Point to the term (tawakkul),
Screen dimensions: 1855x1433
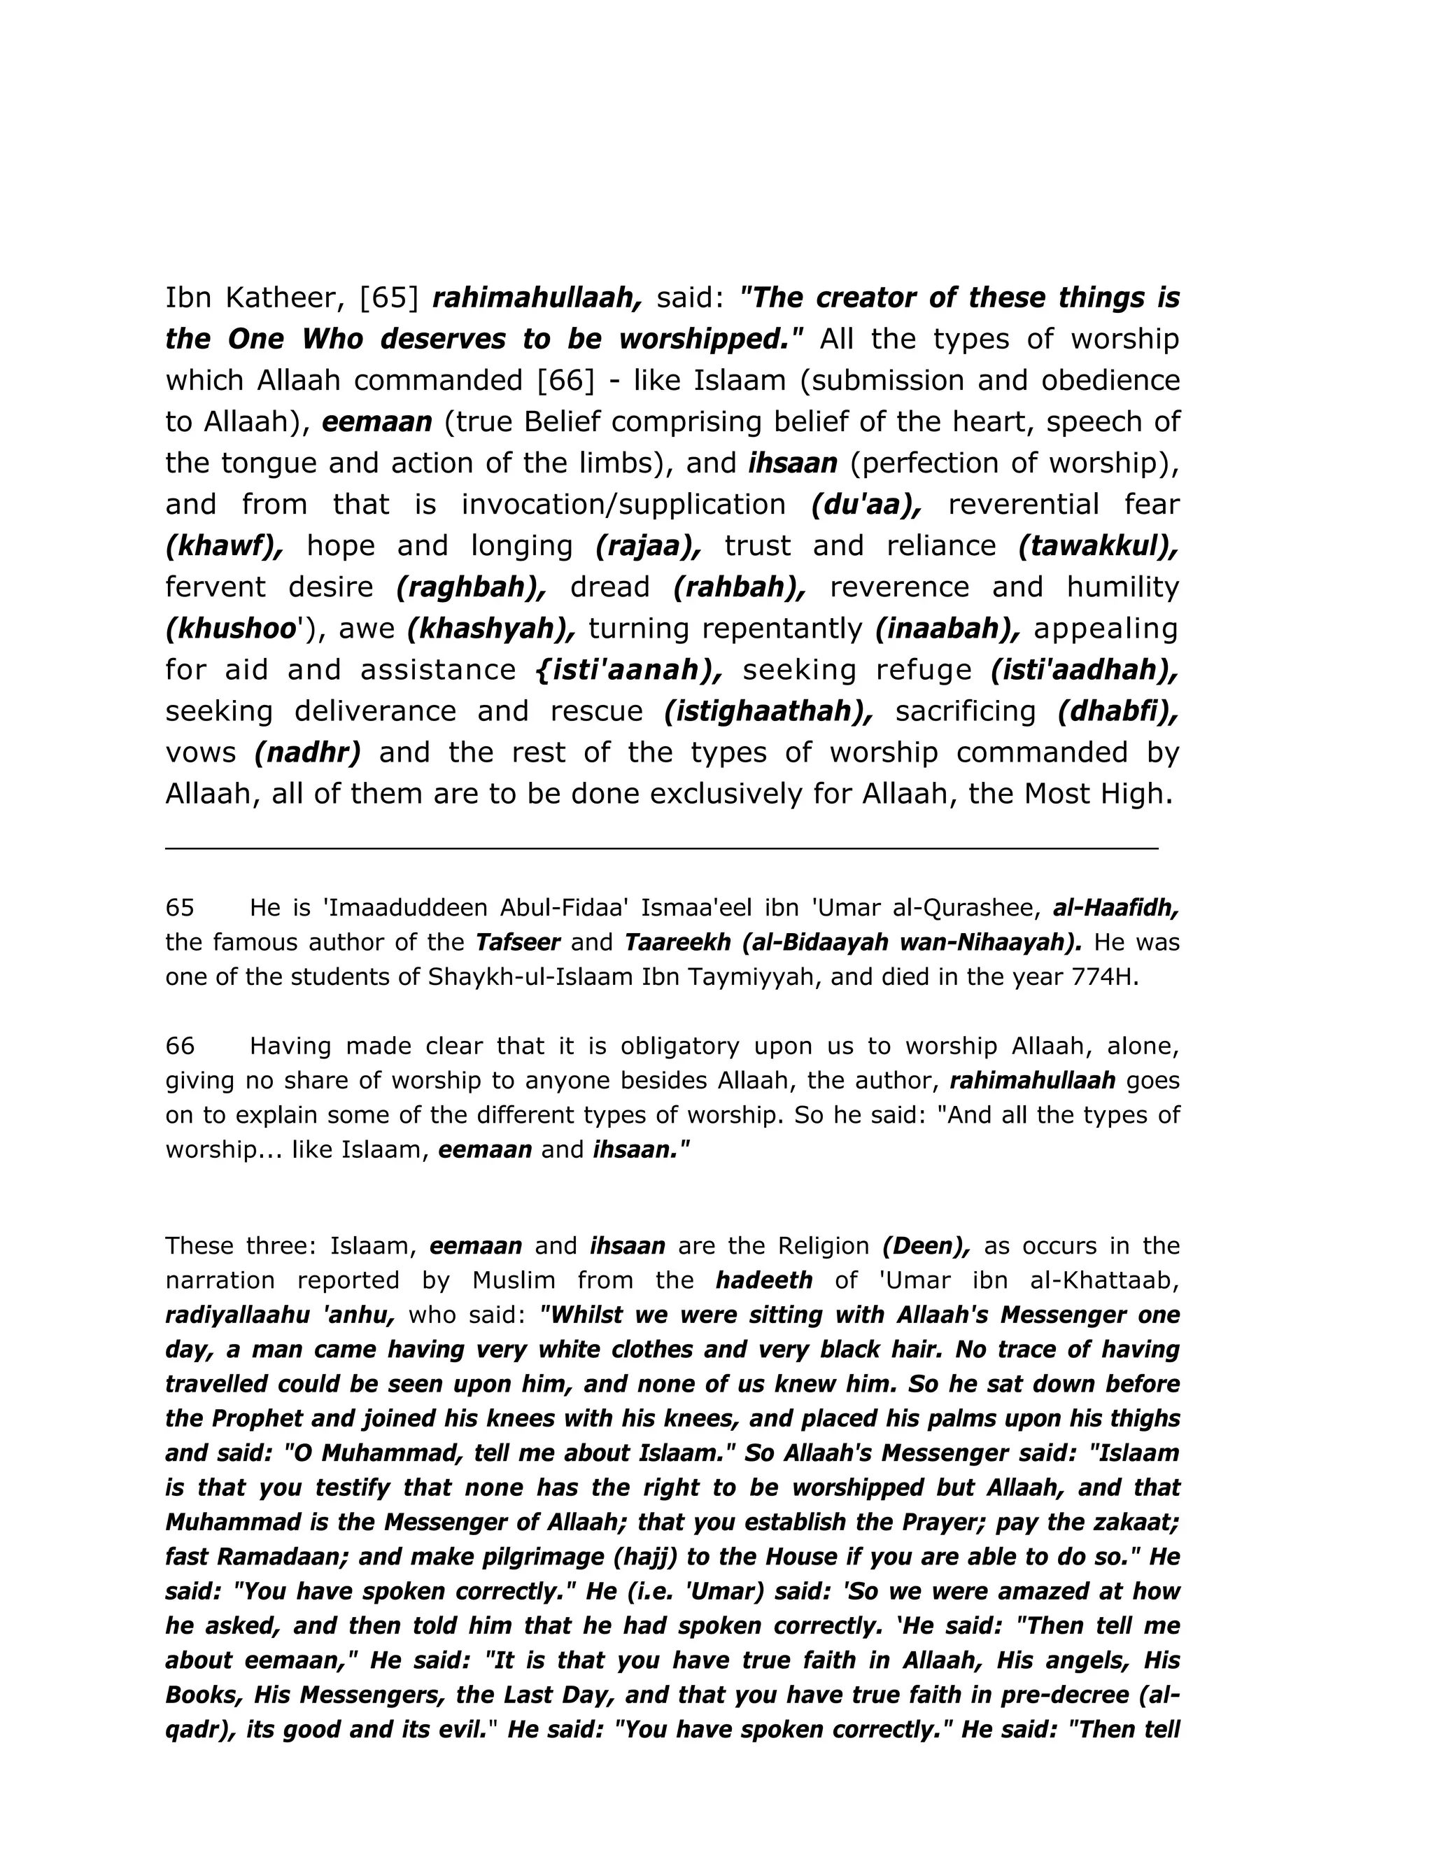pyautogui.click(x=1099, y=546)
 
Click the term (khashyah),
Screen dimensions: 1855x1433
pyautogui.click(x=491, y=629)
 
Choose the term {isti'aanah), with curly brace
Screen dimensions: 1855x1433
pyautogui.click(x=629, y=670)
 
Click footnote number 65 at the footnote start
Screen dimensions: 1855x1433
pyautogui.click(x=180, y=908)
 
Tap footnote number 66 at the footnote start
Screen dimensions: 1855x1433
pyautogui.click(x=180, y=1046)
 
